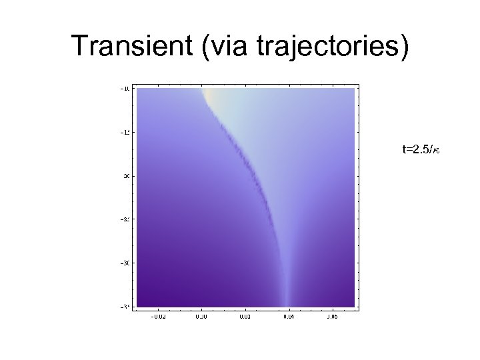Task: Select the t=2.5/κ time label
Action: click(x=421, y=150)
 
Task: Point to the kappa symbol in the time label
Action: click(x=437, y=151)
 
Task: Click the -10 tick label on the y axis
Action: click(x=125, y=89)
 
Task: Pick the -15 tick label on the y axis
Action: click(x=125, y=132)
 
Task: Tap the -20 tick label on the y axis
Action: click(x=125, y=176)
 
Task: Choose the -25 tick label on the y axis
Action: click(x=125, y=219)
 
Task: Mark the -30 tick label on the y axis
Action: click(x=125, y=263)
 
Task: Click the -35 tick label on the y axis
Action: click(x=125, y=306)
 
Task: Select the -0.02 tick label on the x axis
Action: click(x=158, y=317)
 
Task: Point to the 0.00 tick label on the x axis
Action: click(x=201, y=317)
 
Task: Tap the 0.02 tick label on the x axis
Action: click(x=244, y=317)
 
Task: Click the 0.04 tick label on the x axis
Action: click(x=287, y=317)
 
